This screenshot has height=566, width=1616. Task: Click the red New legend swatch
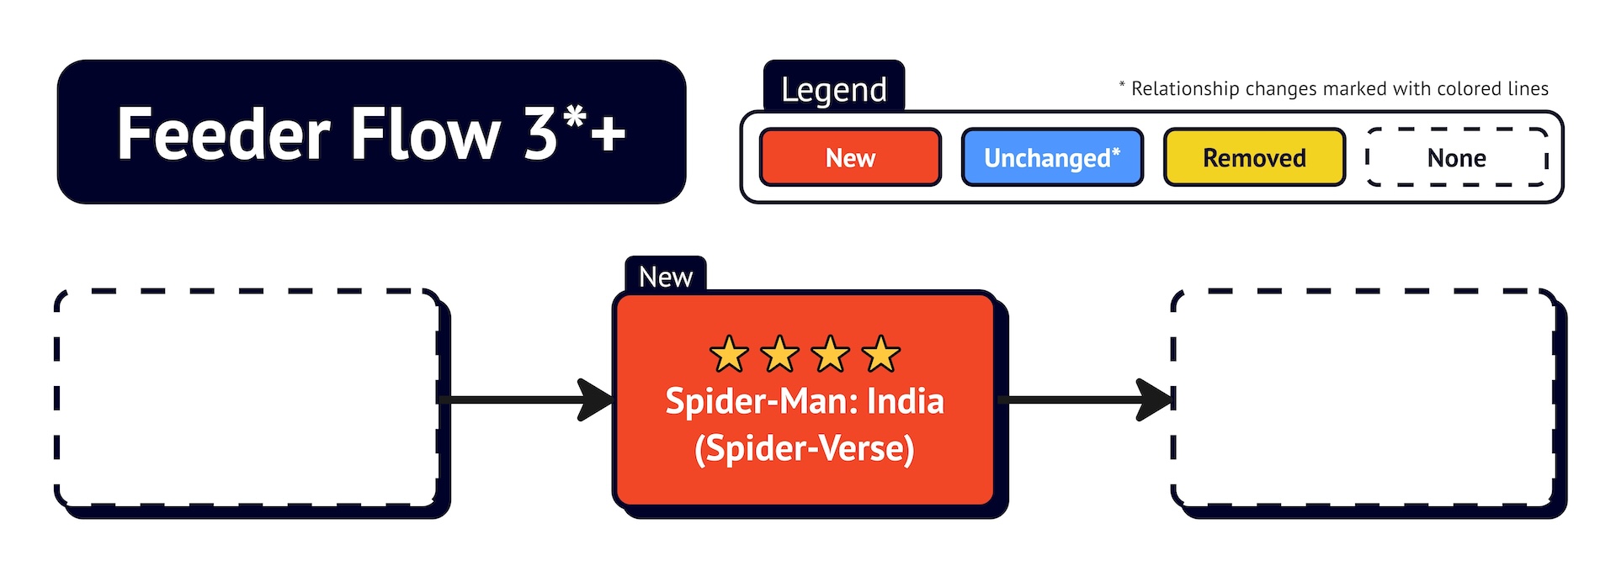850,157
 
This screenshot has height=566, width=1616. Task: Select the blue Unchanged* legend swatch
1052,157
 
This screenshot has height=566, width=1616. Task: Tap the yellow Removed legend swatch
1254,157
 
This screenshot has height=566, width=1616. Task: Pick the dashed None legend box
1456,157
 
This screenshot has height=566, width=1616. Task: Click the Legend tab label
833,89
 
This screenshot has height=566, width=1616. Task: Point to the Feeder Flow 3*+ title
371,133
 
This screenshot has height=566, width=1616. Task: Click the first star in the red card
729,354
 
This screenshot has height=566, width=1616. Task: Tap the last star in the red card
881,354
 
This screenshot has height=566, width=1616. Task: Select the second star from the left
779,354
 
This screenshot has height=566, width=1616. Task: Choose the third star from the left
831,354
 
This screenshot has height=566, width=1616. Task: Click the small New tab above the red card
665,277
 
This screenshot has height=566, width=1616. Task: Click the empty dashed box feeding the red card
247,399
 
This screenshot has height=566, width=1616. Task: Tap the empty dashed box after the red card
1363,399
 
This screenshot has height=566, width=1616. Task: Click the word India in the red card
906,401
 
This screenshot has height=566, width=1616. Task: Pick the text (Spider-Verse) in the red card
805,448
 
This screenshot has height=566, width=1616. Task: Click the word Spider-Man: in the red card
762,401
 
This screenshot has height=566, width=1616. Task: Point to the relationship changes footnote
1334,89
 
